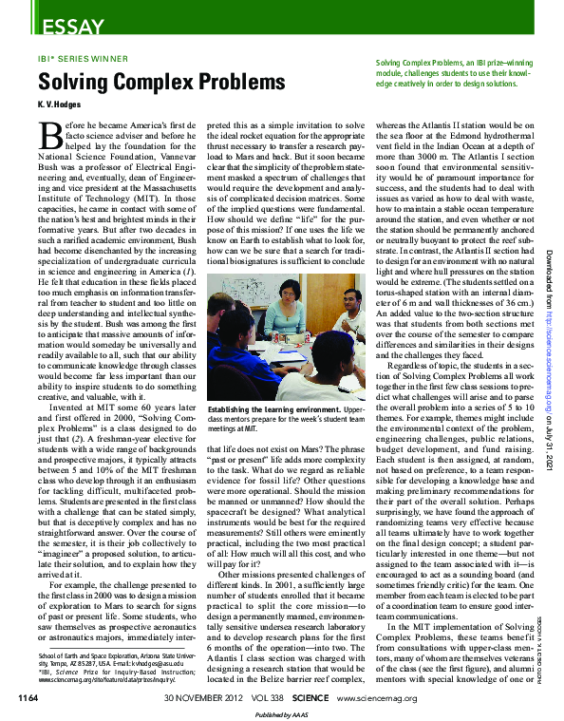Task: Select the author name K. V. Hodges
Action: (59, 103)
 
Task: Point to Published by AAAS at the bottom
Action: (282, 714)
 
